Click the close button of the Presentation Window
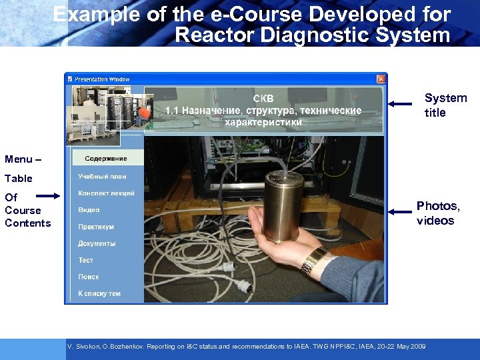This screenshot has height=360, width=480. (381, 79)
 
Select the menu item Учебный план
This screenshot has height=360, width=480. (102, 177)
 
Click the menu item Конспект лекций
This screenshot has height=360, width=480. (106, 193)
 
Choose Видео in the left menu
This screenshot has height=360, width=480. (89, 210)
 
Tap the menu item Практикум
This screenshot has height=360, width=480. (96, 227)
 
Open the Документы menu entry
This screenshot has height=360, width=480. (97, 243)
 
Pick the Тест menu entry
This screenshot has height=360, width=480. (86, 260)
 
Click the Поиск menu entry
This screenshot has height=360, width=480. (88, 277)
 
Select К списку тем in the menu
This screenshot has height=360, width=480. (99, 293)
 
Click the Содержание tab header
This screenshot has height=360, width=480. (105, 159)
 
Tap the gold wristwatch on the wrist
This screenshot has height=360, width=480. (313, 260)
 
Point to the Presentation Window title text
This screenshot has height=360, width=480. (102, 79)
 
